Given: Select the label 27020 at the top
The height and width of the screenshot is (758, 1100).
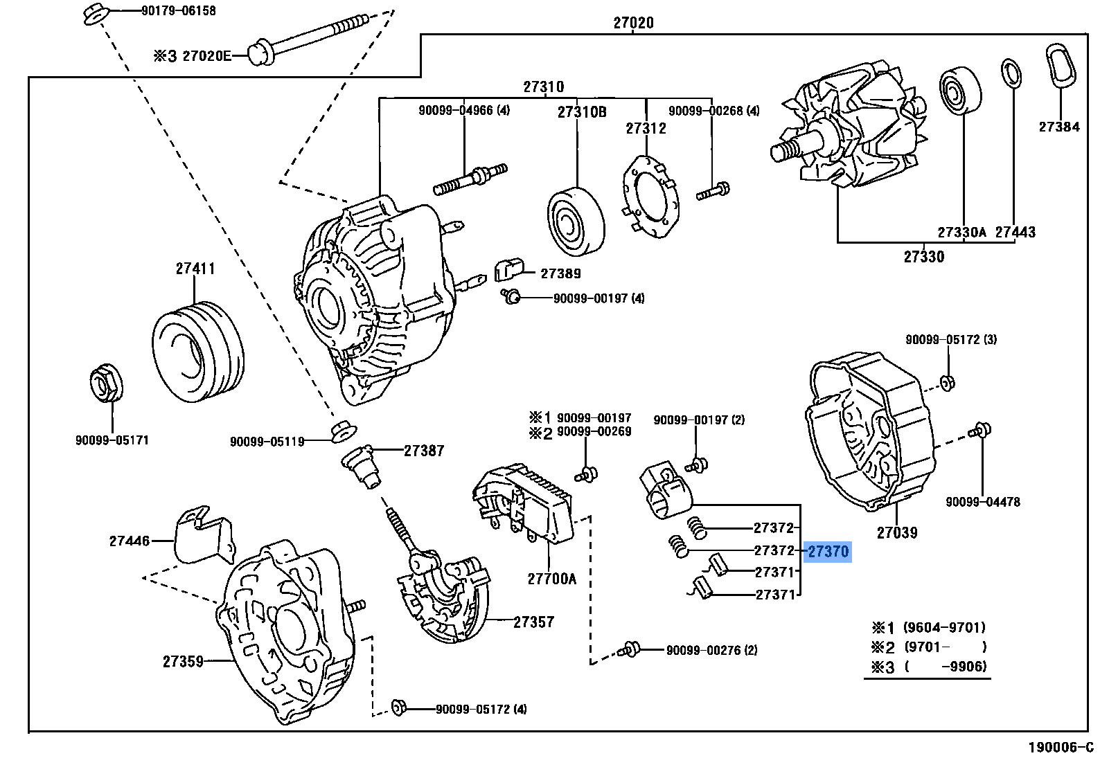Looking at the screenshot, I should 633,23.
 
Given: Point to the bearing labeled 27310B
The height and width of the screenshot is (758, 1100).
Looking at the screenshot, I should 576,221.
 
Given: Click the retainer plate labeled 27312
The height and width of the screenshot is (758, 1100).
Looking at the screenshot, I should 649,198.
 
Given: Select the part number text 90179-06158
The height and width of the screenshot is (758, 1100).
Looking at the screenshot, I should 178,10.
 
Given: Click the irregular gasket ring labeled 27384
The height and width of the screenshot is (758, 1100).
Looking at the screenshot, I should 1061,66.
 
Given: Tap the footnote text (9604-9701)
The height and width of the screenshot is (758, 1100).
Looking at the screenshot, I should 944,628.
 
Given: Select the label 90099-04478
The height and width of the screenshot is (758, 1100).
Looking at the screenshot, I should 982,502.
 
